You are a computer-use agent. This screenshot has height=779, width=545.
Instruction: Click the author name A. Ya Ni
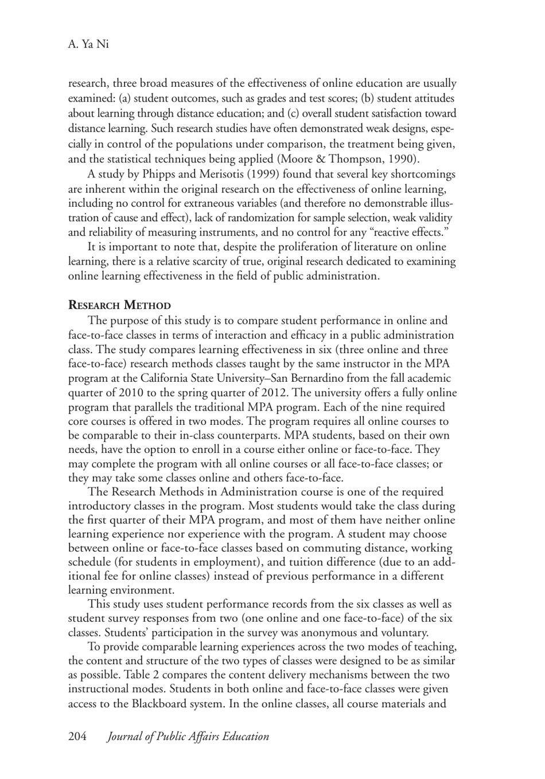click(x=88, y=44)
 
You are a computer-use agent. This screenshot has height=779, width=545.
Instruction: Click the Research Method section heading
click(x=119, y=305)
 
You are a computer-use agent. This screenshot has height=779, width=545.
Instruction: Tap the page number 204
click(x=77, y=737)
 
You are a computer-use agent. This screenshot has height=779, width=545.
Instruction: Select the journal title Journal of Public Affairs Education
click(x=188, y=737)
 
